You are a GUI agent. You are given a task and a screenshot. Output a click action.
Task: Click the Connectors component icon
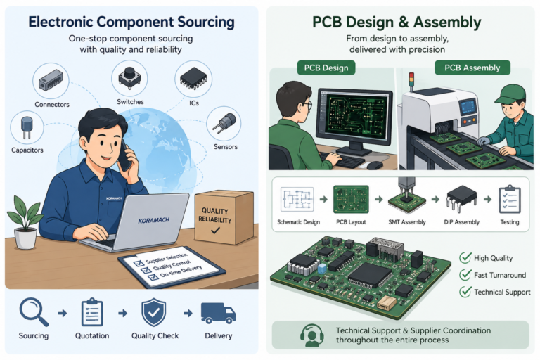click(51, 81)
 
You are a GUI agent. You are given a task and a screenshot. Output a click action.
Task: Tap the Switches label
click(130, 102)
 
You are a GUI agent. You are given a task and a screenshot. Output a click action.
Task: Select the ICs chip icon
click(193, 79)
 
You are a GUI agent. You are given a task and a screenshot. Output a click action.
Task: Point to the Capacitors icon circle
click(27, 127)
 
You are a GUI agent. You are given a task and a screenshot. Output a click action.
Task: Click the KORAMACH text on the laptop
click(153, 220)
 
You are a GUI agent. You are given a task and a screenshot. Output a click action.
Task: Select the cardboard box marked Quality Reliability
click(224, 217)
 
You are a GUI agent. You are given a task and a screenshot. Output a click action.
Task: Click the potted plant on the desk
click(25, 222)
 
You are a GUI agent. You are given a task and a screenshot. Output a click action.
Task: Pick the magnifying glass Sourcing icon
click(34, 311)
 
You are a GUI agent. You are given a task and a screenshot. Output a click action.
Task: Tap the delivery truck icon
click(218, 313)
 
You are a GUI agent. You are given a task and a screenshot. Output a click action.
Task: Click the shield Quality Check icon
click(153, 312)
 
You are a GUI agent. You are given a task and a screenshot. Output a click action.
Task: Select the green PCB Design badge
click(326, 68)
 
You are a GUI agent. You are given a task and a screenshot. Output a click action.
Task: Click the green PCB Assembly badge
click(472, 67)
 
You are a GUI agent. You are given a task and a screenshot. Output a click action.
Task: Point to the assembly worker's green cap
click(510, 94)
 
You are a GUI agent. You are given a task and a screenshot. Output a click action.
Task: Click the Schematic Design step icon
click(297, 199)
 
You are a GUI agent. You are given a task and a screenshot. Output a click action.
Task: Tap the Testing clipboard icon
click(510, 199)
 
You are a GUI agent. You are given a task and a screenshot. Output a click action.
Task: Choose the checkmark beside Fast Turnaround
click(465, 274)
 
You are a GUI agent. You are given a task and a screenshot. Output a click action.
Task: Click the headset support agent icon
click(311, 335)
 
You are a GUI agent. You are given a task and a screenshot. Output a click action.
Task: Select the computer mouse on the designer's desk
click(375, 165)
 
